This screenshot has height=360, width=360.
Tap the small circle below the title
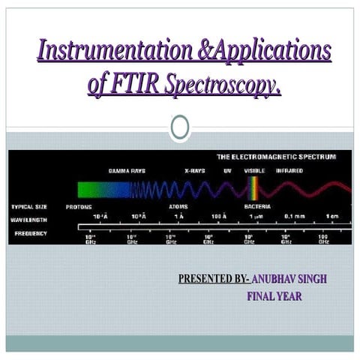(179, 127)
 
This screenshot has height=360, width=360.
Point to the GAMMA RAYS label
(127, 171)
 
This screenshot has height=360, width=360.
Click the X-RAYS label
(194, 171)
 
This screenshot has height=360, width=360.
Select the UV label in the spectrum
(226, 171)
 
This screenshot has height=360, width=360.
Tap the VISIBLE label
(253, 171)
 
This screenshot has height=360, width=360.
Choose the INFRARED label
(289, 171)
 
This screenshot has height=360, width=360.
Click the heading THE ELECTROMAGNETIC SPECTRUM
(275, 157)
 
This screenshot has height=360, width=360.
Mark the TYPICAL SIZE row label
(31, 206)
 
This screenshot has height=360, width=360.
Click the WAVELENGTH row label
(30, 220)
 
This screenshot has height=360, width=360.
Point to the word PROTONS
(79, 206)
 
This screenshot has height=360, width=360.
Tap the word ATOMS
(178, 206)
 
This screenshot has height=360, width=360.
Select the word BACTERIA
(257, 206)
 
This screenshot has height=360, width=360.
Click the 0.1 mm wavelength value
(293, 217)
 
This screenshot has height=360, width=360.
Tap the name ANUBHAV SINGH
(290, 280)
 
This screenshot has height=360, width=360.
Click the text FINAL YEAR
(274, 296)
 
